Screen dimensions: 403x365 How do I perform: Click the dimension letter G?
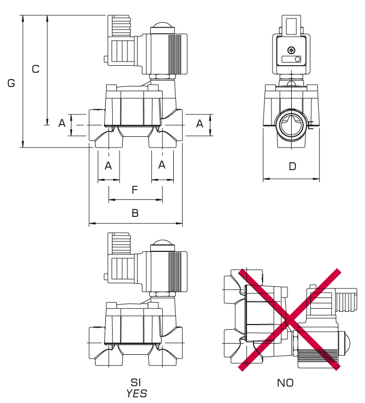[11, 83]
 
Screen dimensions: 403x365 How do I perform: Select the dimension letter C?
[36, 69]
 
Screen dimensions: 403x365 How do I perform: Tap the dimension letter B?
[135, 213]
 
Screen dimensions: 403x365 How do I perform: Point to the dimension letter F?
[135, 189]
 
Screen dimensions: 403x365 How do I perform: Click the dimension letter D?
[292, 167]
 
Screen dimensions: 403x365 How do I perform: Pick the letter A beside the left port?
[62, 124]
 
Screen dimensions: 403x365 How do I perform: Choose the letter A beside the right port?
[200, 124]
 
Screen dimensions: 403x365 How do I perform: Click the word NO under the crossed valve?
[285, 382]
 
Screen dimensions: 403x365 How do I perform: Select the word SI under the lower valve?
[136, 382]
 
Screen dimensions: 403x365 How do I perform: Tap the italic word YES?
[136, 393]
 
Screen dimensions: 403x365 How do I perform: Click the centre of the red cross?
[288, 319]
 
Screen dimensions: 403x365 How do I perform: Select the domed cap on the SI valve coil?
[162, 246]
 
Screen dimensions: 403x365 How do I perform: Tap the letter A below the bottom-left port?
[108, 165]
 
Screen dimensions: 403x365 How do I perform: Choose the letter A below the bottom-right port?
[162, 165]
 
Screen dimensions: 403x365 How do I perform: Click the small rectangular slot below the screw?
[291, 59]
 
